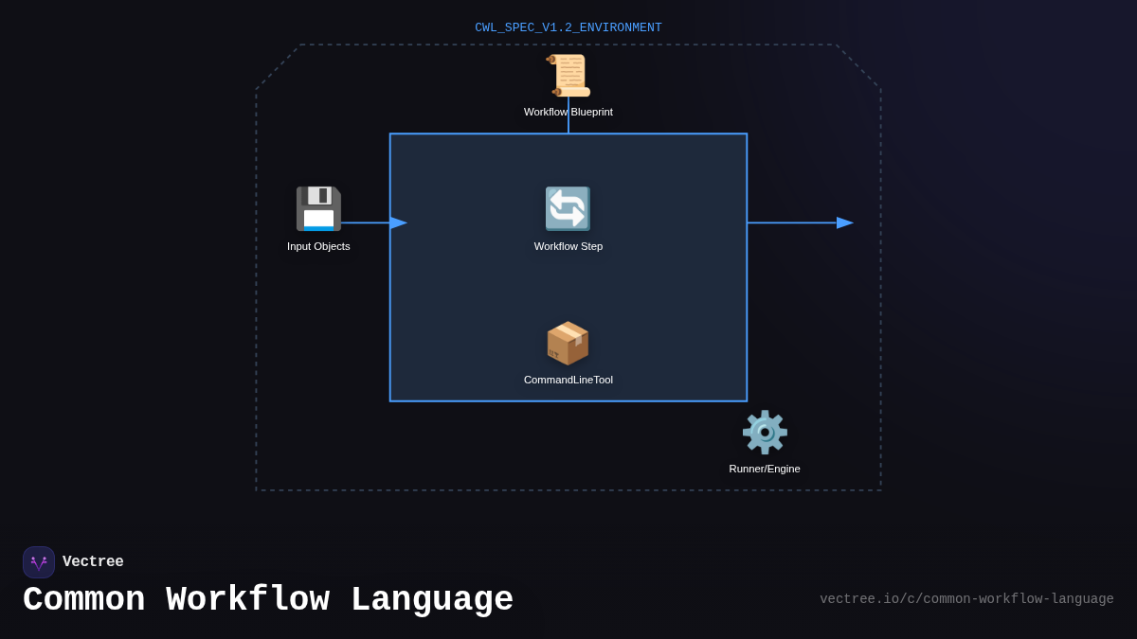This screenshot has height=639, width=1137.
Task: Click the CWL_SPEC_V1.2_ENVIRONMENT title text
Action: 568,28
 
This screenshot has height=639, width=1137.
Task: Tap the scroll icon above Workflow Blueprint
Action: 568,76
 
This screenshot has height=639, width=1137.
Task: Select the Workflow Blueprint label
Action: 568,112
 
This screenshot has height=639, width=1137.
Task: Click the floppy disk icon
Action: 318,208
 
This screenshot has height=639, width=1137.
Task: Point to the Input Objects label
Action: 318,246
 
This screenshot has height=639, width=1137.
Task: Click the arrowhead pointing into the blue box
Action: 399,222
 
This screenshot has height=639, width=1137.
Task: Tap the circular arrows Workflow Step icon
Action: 568,208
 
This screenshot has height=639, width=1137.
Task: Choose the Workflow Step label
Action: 568,246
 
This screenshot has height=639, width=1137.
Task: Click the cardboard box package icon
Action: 568,343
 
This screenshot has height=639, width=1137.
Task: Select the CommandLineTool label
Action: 568,380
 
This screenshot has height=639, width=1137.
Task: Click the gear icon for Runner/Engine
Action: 765,432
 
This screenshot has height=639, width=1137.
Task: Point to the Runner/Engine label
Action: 765,469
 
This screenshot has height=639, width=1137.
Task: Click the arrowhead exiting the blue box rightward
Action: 844,222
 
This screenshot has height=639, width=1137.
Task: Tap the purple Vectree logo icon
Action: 39,562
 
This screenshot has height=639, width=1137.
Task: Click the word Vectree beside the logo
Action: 93,562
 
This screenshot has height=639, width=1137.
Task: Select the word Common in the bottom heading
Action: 83,600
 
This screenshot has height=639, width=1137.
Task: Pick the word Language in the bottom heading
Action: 432,600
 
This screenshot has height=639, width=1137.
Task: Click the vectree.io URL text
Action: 966,599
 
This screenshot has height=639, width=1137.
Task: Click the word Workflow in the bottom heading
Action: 247,600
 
